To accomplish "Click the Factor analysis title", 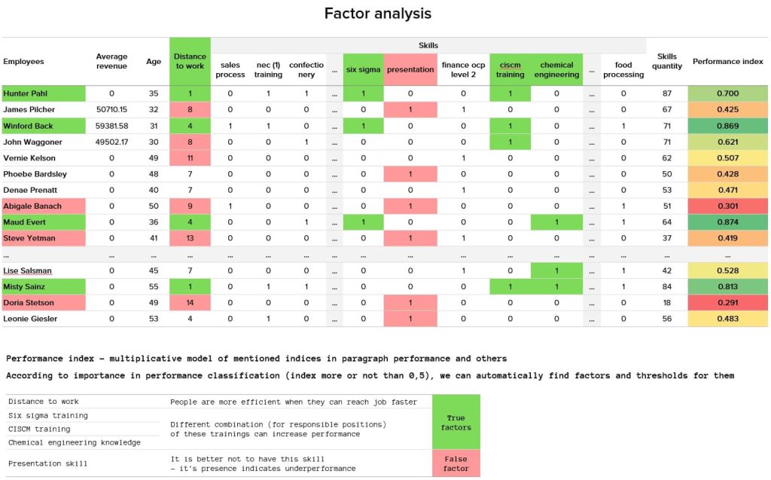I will pos(377,14).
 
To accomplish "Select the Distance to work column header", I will pos(190,61).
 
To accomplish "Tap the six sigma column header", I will pos(363,69).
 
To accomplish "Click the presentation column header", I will pos(410,69).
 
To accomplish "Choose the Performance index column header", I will pos(727,61).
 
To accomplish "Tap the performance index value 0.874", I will pos(727,222).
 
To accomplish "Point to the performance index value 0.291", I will pos(727,303).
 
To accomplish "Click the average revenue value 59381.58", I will pos(111,126).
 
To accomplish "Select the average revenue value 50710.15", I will pos(111,109).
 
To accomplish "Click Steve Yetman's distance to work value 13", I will pos(190,238).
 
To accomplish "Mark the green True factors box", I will pos(456,422).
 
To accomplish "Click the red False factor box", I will pos(456,463).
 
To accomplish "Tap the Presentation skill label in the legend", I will pos(47,463).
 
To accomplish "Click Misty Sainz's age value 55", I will pos(154,287).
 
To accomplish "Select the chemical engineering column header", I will pos(556,69).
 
